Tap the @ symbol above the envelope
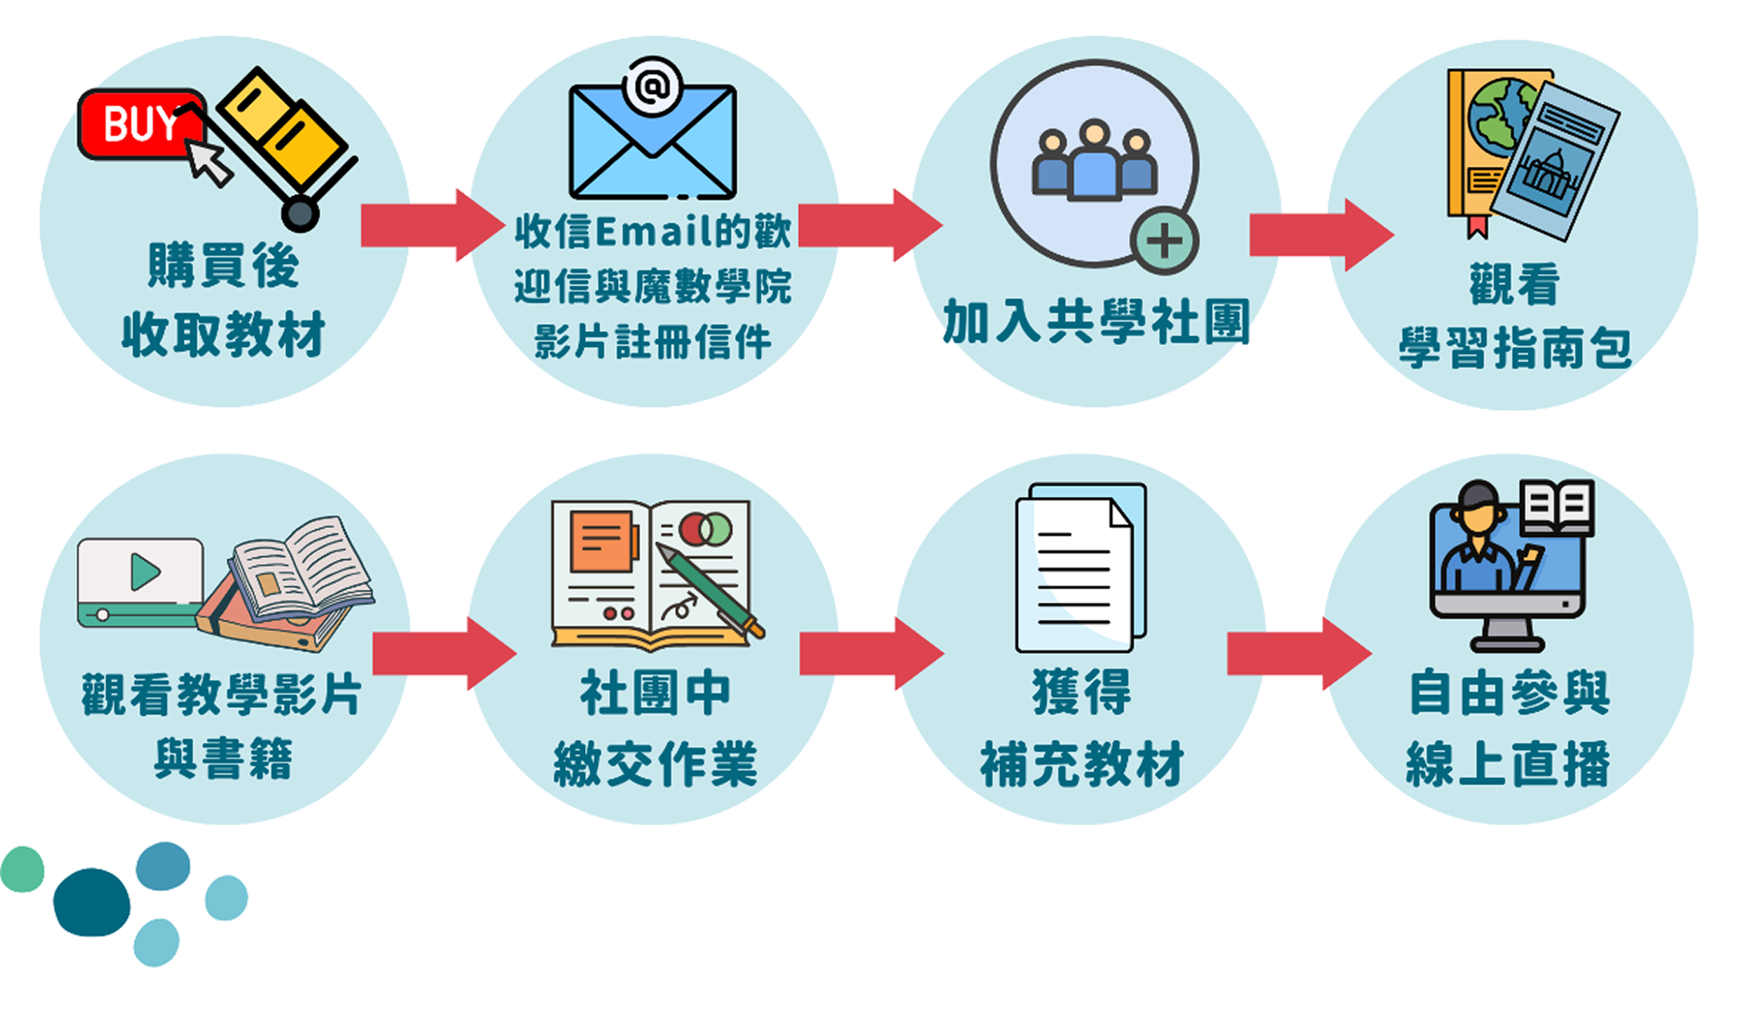(653, 86)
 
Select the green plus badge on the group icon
(1164, 240)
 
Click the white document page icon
(1075, 573)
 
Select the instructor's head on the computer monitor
(1477, 508)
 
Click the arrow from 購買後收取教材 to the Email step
(432, 225)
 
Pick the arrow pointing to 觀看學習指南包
(1321, 234)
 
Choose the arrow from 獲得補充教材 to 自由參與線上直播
(1299, 654)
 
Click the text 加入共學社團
(1096, 321)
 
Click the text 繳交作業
(655, 764)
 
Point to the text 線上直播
(1508, 763)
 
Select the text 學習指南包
(1515, 347)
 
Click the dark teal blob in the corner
(91, 902)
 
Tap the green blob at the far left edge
(22, 869)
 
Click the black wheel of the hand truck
(301, 214)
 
